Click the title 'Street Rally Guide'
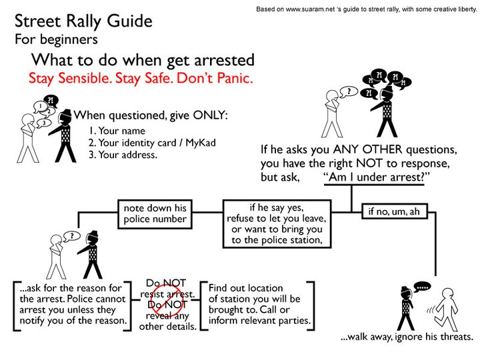(83, 21)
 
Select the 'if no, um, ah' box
(393, 212)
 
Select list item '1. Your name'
(117, 131)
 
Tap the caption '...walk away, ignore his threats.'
(406, 337)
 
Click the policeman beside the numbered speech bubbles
(65, 137)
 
